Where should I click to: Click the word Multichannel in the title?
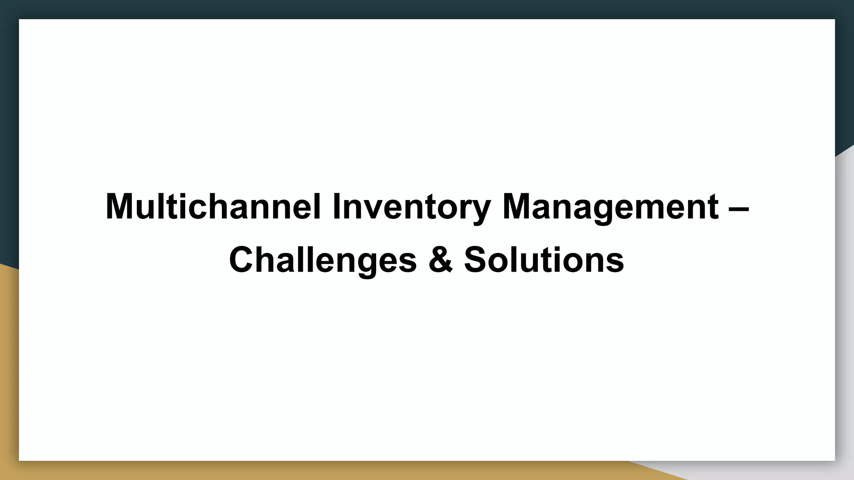tap(213, 207)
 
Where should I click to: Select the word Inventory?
tap(411, 207)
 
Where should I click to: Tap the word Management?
tap(610, 207)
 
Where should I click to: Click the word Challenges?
tap(323, 260)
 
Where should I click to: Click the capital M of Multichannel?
tap(121, 207)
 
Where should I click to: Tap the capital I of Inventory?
tap(336, 207)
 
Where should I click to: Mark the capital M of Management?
tap(518, 207)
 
